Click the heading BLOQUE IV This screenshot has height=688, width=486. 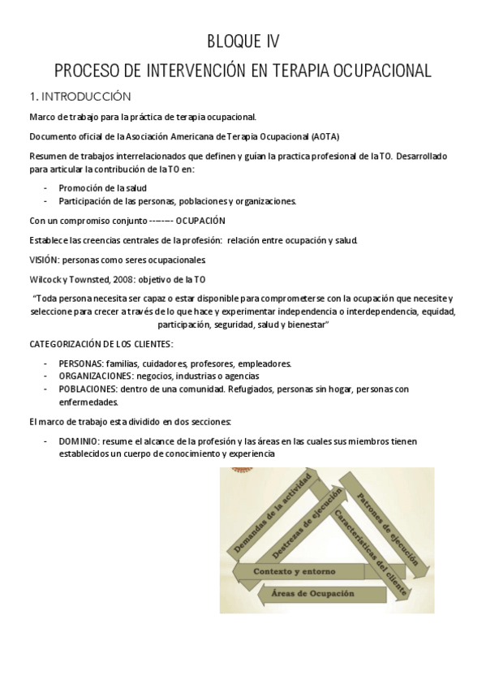tap(243, 42)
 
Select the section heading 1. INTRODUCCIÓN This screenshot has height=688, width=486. tap(80, 96)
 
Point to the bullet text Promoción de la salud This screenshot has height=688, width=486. tap(102, 187)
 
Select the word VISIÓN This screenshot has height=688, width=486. tap(45, 260)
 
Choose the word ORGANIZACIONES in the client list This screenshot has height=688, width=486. tap(97, 376)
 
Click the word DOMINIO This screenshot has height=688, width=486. tap(79, 441)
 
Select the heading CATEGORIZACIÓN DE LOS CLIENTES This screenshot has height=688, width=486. tap(101, 344)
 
